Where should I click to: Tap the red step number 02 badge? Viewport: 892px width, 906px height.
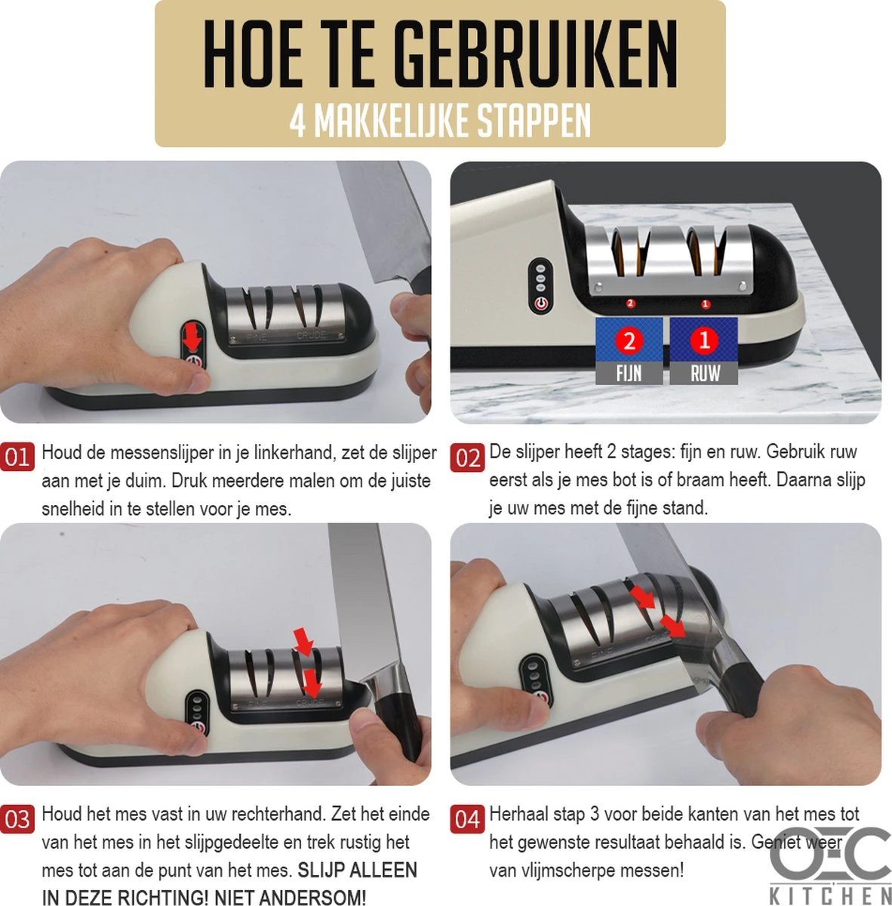point(466,458)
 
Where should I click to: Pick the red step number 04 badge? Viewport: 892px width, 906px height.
point(466,819)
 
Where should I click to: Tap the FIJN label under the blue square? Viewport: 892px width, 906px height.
point(629,373)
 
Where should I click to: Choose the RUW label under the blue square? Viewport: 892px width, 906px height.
point(705,373)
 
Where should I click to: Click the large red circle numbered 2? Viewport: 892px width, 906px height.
point(629,341)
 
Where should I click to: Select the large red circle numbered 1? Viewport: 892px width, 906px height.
point(705,340)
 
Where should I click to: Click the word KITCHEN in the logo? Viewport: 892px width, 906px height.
point(830,895)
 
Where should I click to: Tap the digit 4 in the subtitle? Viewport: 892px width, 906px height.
point(298,122)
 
